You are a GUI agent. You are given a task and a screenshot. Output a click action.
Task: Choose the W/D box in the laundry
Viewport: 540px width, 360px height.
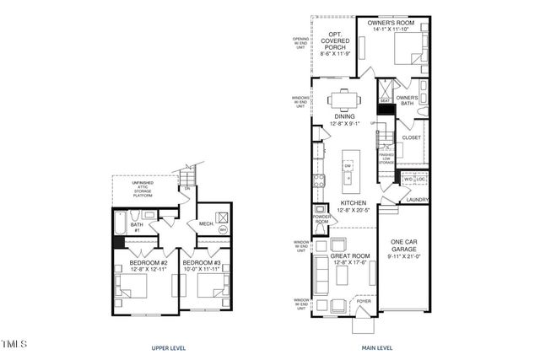[x=408, y=179]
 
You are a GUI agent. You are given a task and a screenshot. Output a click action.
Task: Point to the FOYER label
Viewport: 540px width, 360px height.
[x=364, y=299]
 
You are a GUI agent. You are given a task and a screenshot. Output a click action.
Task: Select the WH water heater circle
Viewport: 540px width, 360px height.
[x=224, y=228]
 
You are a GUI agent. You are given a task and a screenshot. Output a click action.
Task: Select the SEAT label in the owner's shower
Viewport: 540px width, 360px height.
[x=385, y=100]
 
